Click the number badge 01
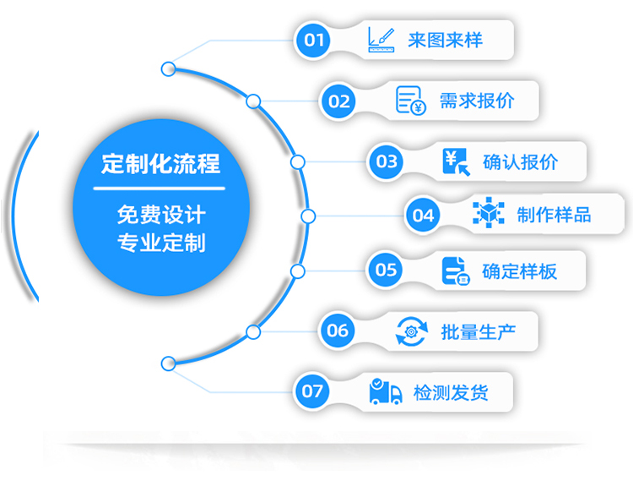point(314,40)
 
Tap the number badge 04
point(423,215)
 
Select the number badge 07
point(312,391)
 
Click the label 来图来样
point(445,40)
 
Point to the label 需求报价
point(477,101)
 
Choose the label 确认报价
point(520,161)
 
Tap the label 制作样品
point(554,215)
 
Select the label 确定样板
point(520,271)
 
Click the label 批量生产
point(477,331)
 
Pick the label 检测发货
point(451,391)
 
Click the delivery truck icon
point(385,391)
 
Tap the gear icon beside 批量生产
point(412,331)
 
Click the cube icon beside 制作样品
point(488,214)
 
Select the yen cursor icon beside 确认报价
point(457,161)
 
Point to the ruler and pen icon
point(381,40)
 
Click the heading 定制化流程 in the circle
point(160,164)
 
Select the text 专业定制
point(160,243)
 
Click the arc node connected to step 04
point(308,216)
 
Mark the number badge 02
point(339,101)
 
